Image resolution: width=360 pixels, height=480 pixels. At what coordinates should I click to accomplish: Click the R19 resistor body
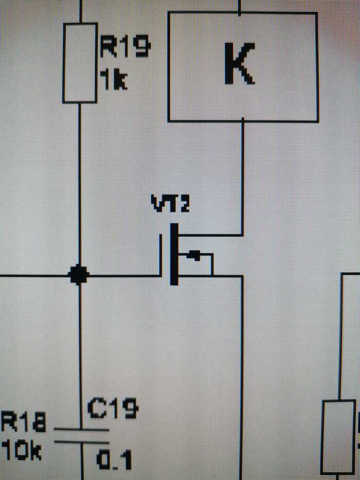tap(80, 63)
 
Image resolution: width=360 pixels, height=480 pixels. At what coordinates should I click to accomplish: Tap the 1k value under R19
tap(113, 80)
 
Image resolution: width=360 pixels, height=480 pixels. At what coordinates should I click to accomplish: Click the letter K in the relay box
tap(240, 64)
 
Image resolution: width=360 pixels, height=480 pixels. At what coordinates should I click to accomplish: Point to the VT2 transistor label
tap(170, 204)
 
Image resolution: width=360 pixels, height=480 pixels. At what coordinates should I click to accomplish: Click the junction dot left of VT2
tap(79, 275)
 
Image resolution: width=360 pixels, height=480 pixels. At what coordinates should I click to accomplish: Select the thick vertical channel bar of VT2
tap(174, 254)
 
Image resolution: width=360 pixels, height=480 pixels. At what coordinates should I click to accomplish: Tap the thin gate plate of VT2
tap(161, 255)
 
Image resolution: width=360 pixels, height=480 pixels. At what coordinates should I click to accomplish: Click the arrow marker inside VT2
tap(193, 255)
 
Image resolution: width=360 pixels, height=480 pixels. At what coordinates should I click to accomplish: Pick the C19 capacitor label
tap(113, 409)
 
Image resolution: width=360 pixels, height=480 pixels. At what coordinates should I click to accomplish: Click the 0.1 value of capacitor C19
tap(115, 459)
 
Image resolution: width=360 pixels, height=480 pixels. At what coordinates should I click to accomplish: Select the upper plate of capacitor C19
tap(81, 429)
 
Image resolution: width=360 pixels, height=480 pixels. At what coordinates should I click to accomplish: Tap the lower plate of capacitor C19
tap(81, 441)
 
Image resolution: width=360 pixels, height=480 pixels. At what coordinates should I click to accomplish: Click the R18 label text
tap(23, 424)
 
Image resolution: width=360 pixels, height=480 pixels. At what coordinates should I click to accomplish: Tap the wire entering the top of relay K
tap(240, 6)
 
